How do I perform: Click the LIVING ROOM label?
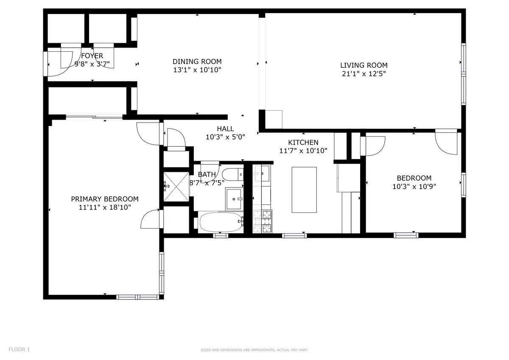pos(364,65)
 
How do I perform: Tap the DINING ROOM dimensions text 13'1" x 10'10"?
pos(197,70)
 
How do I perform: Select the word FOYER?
pos(92,56)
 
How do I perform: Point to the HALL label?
pos(225,129)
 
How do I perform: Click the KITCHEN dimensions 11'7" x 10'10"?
pos(303,151)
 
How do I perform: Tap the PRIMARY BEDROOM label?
pos(104,199)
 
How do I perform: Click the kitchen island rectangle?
pos(304,190)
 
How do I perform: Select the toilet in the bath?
pos(232,175)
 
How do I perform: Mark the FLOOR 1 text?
pos(19,350)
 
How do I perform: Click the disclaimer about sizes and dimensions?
pos(254,350)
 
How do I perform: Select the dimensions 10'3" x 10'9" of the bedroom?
pos(414,186)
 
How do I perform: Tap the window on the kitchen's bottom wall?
pos(294,235)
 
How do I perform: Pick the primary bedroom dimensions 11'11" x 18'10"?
pos(104,207)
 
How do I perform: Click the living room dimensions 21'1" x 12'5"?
pos(364,73)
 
